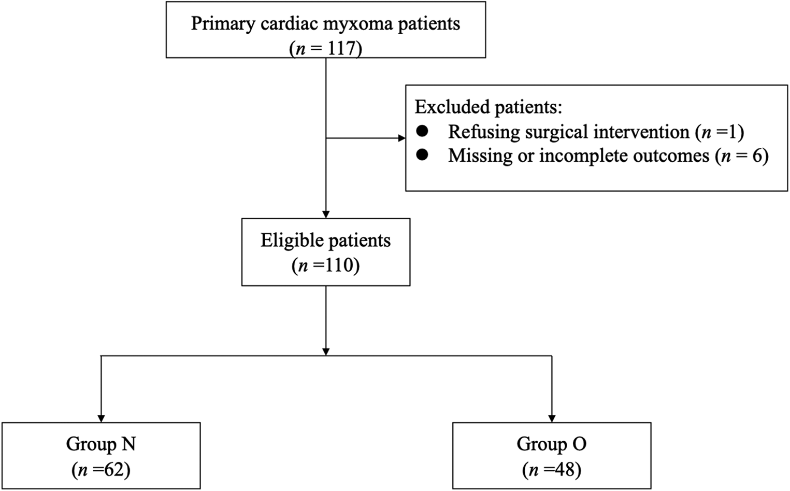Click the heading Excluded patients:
click(x=488, y=107)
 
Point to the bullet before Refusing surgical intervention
click(x=422, y=132)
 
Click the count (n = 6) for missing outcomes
click(x=741, y=156)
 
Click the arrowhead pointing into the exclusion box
click(x=401, y=138)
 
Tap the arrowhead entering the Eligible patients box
click(x=326, y=214)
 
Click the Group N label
click(x=101, y=444)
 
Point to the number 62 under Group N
click(x=114, y=469)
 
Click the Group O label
click(x=551, y=444)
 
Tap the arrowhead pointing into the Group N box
click(x=101, y=418)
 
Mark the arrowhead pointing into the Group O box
click(x=552, y=418)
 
